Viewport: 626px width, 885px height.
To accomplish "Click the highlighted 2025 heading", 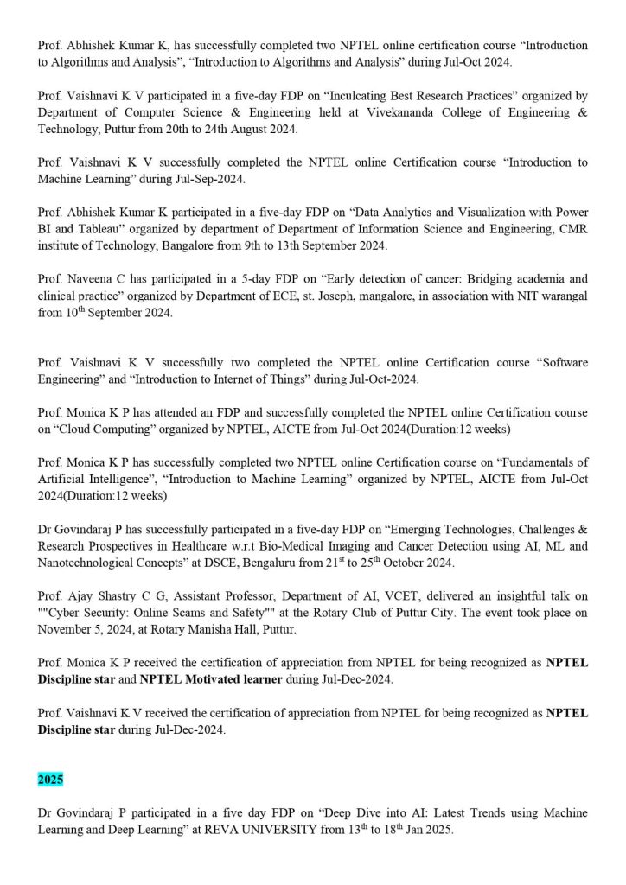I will tap(50, 779).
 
